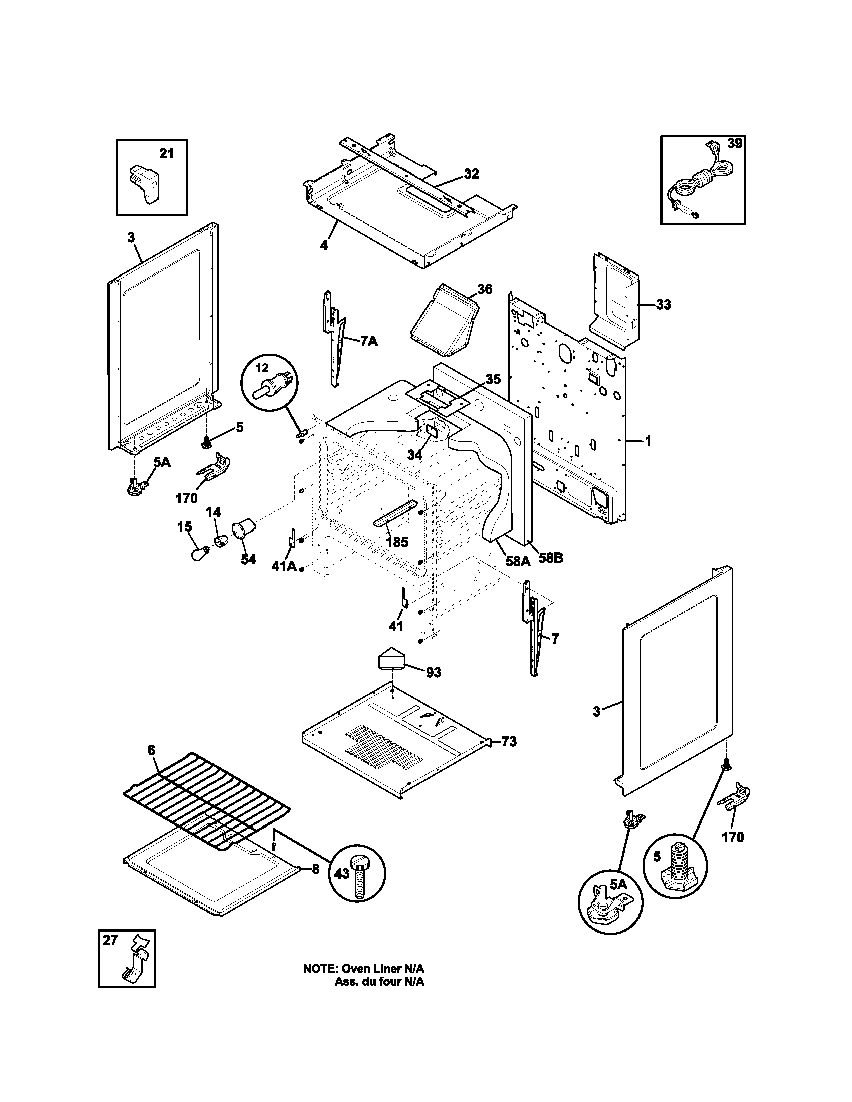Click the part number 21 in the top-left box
coord(166,154)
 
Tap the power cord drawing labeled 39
coord(699,184)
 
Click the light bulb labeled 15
coord(197,554)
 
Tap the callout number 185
coord(397,543)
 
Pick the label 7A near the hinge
coord(369,341)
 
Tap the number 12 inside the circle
coord(262,368)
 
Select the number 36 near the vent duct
coord(484,289)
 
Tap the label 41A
coord(284,567)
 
